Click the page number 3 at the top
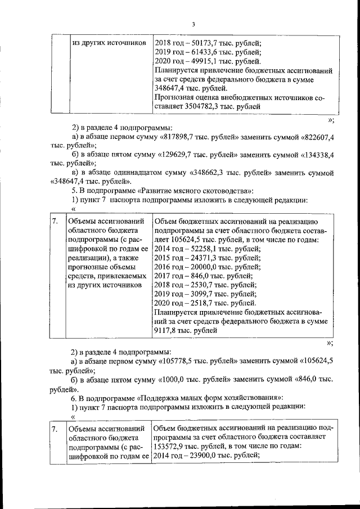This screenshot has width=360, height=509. [193, 24]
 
